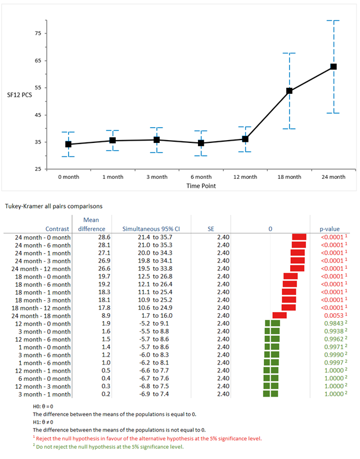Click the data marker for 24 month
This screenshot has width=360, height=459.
pyautogui.click(x=334, y=67)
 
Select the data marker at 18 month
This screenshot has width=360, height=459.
pyautogui.click(x=290, y=91)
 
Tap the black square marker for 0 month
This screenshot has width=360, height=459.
pyautogui.click(x=69, y=144)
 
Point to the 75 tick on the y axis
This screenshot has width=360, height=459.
pyautogui.click(x=38, y=34)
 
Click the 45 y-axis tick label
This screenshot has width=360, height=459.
pyautogui.click(x=38, y=115)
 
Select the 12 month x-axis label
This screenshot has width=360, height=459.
pyautogui.click(x=245, y=177)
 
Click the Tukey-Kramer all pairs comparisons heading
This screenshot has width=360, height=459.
pyautogui.click(x=54, y=206)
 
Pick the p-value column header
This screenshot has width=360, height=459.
pyautogui.click(x=330, y=229)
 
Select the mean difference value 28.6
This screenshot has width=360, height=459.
pyautogui.click(x=91, y=237)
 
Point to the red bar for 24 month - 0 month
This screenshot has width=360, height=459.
pyautogui.click(x=299, y=237)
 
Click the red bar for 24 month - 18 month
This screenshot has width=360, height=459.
pyautogui.click(x=280, y=315)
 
